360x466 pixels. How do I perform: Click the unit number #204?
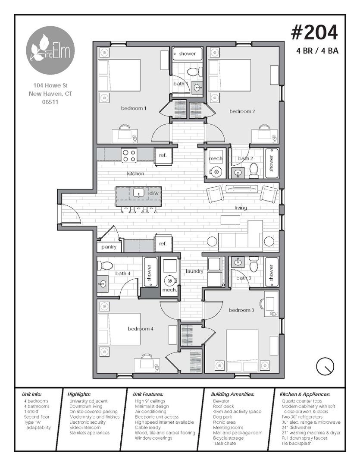[314, 32]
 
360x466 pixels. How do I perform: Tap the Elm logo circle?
[50, 50]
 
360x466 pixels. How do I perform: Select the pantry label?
[109, 247]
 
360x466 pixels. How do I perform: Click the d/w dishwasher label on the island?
[154, 193]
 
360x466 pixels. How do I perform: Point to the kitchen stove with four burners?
[129, 155]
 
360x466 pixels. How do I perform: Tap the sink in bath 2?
[238, 172]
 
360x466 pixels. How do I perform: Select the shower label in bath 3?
[271, 273]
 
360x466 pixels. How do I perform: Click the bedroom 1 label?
[134, 108]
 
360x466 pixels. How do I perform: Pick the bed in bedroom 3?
[242, 351]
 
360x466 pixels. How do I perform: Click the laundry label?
[194, 271]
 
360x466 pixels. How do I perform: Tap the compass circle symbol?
[325, 366]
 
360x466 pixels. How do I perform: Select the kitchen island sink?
[139, 193]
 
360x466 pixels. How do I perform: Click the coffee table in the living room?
[230, 220]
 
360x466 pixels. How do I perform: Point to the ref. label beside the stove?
[163, 155]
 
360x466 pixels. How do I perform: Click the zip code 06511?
[50, 102]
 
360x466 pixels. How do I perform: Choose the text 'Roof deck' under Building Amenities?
[223, 406]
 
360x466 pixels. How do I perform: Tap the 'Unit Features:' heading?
[148, 394]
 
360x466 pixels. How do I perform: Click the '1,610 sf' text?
[31, 412]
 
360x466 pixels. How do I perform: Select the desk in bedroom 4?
[147, 365]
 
